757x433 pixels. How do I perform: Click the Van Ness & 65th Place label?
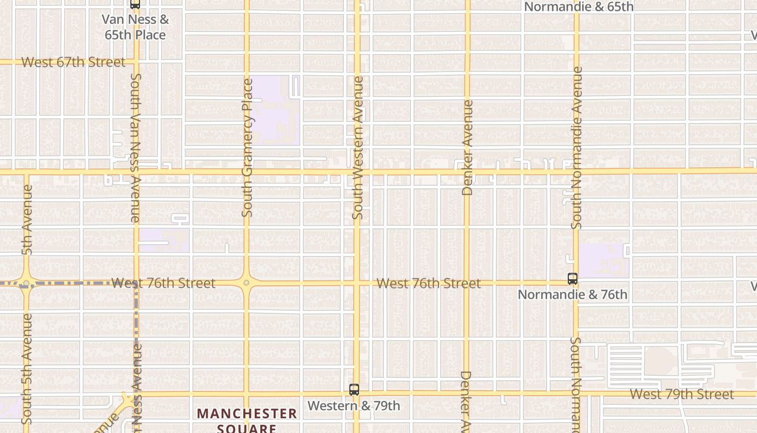(135, 27)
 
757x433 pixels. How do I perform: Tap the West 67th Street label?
(73, 62)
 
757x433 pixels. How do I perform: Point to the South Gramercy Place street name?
(248, 148)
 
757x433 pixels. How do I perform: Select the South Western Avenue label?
(357, 148)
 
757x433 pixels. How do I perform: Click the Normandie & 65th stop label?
(579, 7)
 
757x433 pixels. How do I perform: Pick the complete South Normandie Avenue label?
(577, 147)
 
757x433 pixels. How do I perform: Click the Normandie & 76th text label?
(573, 294)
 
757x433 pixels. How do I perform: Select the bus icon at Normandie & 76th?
(573, 279)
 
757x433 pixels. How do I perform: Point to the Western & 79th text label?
(354, 405)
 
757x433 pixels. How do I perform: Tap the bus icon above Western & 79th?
(354, 389)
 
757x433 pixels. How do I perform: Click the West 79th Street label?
(682, 394)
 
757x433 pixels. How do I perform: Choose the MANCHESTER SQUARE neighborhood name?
(247, 420)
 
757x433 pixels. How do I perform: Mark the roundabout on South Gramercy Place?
(247, 283)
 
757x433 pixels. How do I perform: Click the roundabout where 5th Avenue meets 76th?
(26, 283)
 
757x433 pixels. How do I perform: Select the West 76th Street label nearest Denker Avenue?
(428, 283)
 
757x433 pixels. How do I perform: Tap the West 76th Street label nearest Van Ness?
(163, 283)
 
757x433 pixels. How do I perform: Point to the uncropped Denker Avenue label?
(468, 147)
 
